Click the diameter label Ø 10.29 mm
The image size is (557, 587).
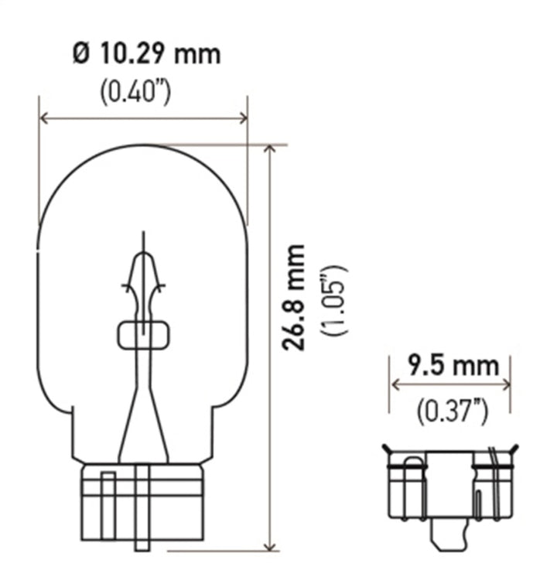(x=145, y=54)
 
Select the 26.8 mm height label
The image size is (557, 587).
(x=293, y=298)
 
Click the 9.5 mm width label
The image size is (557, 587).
(x=452, y=364)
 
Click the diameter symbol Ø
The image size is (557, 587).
(x=80, y=54)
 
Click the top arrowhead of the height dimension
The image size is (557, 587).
(x=268, y=148)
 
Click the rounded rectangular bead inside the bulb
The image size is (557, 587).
(x=142, y=335)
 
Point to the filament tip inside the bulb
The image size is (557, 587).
(x=142, y=236)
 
